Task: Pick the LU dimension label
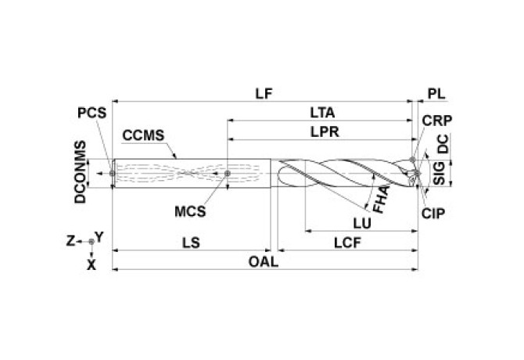[361, 222]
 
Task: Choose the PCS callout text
[91, 112]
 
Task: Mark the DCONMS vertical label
[80, 173]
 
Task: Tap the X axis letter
[92, 265]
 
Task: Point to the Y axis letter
[99, 235]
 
